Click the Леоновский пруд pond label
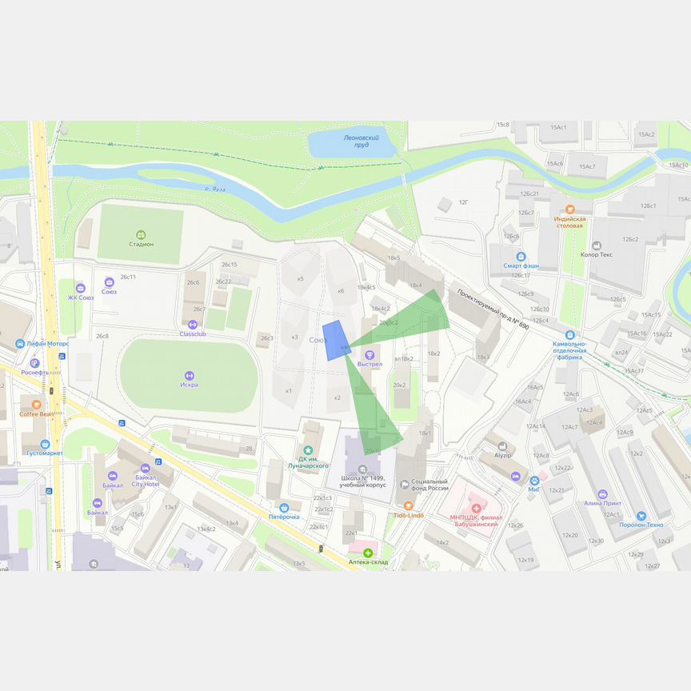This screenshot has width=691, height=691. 356,142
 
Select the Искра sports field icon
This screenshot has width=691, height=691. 189,375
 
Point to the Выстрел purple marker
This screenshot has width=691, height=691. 369,354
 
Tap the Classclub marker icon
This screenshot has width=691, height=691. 192,325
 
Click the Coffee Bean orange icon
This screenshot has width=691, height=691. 36,404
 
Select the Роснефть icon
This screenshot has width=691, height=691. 34,363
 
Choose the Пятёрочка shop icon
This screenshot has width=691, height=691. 284,507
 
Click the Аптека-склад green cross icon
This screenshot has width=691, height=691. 368,553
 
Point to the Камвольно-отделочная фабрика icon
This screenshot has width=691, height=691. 569,334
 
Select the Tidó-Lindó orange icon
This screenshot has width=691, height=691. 408,505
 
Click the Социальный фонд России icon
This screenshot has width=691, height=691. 405,484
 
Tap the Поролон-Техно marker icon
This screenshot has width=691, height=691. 641,516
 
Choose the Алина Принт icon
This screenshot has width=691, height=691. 602,493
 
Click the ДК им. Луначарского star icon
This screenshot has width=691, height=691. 308,450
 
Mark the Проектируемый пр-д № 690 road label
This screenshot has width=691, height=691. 493,310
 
